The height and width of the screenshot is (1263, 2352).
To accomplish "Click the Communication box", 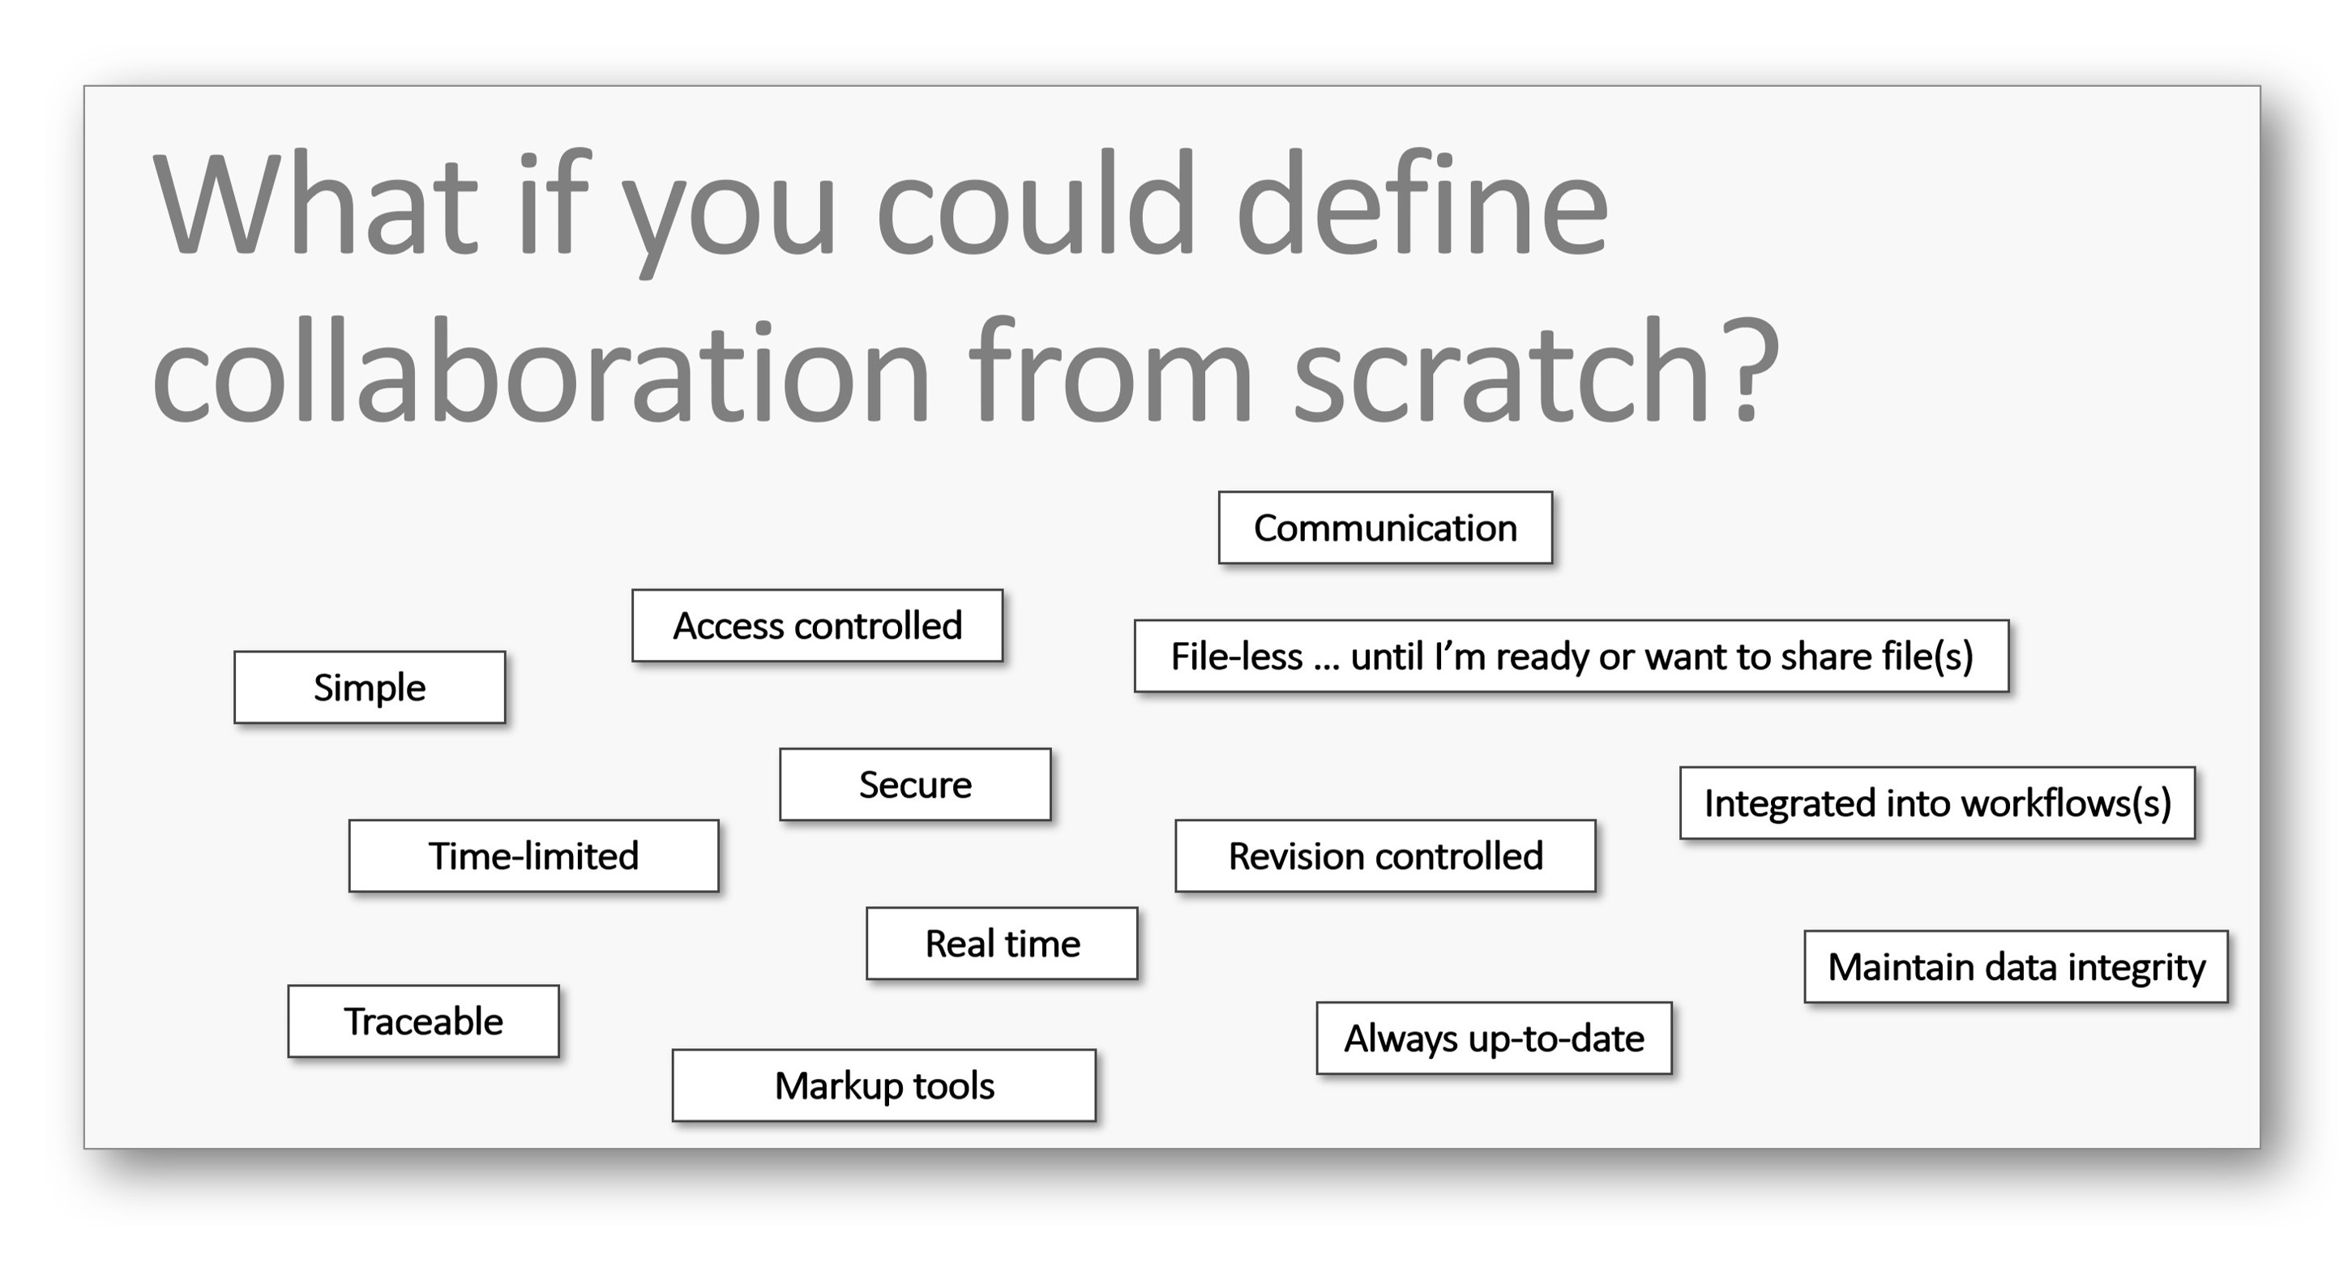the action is click(x=1385, y=528).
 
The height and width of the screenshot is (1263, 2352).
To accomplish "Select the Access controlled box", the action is click(x=817, y=626).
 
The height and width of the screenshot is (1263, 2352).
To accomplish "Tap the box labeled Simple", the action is click(x=370, y=687).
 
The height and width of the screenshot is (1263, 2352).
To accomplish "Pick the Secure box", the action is click(x=915, y=785).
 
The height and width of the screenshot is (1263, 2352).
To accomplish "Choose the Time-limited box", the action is click(x=533, y=856).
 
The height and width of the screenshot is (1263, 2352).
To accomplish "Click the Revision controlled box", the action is click(x=1385, y=856).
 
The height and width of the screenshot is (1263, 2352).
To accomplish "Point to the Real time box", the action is click(x=1002, y=944).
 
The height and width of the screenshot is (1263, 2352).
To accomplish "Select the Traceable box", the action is click(x=423, y=1021).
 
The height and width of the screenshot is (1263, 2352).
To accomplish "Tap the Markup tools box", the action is click(x=884, y=1085).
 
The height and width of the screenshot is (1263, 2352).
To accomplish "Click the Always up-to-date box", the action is click(x=1494, y=1038).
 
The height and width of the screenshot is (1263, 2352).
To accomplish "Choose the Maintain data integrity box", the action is click(x=2016, y=967).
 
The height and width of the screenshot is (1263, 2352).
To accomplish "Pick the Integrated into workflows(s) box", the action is click(x=1938, y=803).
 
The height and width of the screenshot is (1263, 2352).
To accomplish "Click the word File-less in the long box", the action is click(x=1236, y=657).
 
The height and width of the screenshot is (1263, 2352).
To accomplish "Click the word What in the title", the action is click(x=316, y=203).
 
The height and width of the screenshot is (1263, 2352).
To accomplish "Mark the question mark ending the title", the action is click(x=1747, y=370).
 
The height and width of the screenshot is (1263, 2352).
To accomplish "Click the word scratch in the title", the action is click(x=1501, y=370).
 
